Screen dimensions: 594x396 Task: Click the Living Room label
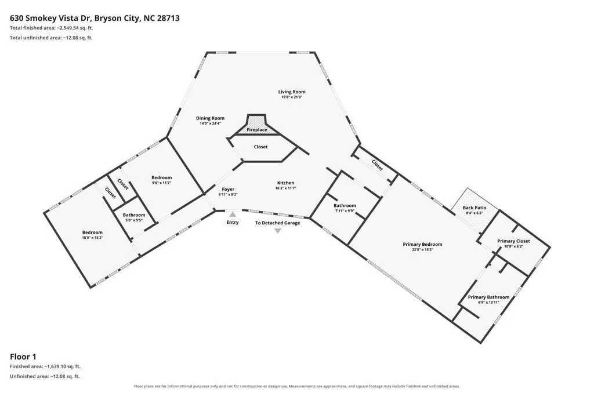292,92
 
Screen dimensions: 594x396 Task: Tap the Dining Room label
210,118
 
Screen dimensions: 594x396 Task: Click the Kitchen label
285,183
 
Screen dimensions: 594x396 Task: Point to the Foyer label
228,189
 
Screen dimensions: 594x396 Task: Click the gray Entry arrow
233,215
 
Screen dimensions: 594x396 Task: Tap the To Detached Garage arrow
278,231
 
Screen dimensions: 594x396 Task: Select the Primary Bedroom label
422,244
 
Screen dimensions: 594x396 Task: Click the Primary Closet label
514,241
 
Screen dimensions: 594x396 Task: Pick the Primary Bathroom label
488,297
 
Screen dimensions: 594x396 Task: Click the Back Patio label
475,208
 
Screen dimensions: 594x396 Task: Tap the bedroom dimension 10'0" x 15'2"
92,238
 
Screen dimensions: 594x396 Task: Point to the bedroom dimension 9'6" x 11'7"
162,183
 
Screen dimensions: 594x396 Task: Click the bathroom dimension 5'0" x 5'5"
134,220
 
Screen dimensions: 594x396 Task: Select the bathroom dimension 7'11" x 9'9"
345,211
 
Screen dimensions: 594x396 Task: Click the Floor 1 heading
23,357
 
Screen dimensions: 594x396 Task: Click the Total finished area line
52,28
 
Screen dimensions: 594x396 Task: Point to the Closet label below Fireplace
260,147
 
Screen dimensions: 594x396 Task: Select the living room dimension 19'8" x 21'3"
292,97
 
